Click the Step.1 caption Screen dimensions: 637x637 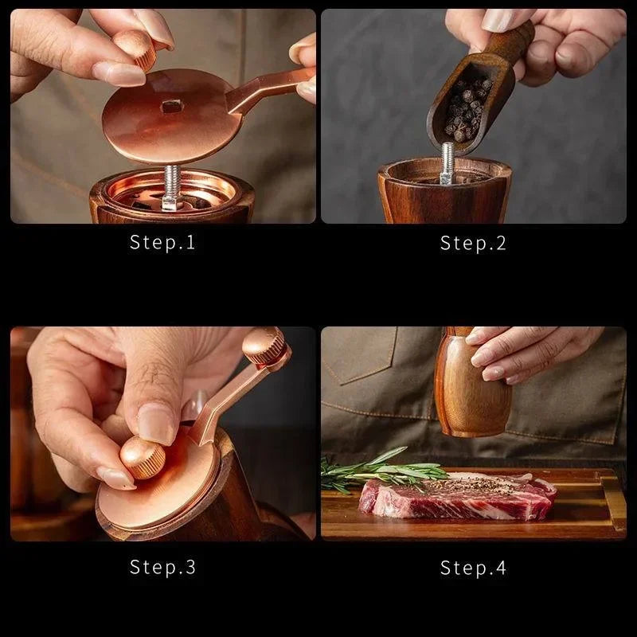(162, 243)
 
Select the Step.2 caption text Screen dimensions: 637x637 (473, 243)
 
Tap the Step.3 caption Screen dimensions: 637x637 (162, 567)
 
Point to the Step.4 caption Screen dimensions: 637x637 (473, 567)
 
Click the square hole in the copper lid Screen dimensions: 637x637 (171, 105)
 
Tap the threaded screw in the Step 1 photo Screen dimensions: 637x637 (170, 186)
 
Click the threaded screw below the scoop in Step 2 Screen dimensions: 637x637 (447, 162)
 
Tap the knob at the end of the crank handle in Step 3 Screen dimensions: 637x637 (264, 346)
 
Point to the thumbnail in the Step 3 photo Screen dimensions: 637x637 (156, 422)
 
